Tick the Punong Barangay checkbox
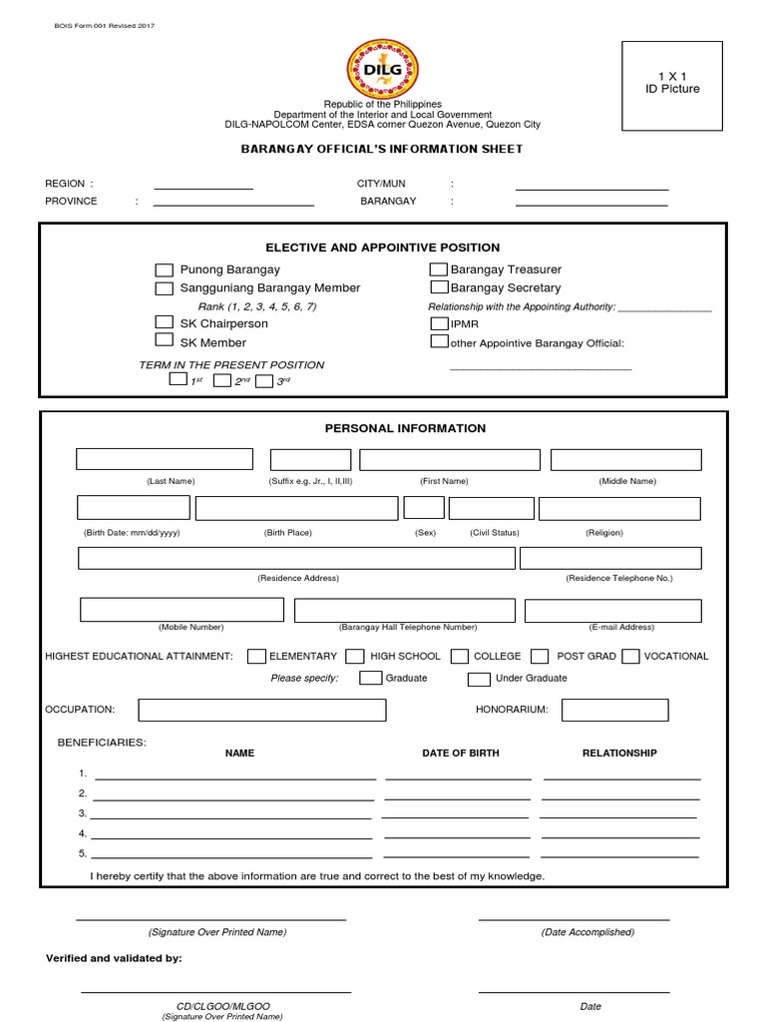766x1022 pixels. (x=165, y=270)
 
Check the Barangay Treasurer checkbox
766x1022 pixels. (x=438, y=269)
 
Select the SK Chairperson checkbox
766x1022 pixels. (x=165, y=322)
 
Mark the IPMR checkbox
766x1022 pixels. (x=439, y=323)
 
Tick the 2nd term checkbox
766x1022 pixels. (x=221, y=380)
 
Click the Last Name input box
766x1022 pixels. (x=165, y=459)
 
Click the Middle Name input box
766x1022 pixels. (x=625, y=459)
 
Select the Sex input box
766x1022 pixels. (x=424, y=508)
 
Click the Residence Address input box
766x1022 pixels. (x=296, y=558)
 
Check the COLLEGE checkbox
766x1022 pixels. (x=460, y=657)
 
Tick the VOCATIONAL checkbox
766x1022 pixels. (x=630, y=657)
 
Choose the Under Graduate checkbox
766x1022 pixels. (x=479, y=679)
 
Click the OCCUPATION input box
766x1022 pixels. (x=262, y=710)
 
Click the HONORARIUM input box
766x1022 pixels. (x=614, y=710)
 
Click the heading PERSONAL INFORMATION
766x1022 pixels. (x=405, y=428)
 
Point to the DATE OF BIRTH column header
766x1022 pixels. (x=461, y=753)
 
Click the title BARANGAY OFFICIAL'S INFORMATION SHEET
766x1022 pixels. (x=382, y=149)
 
